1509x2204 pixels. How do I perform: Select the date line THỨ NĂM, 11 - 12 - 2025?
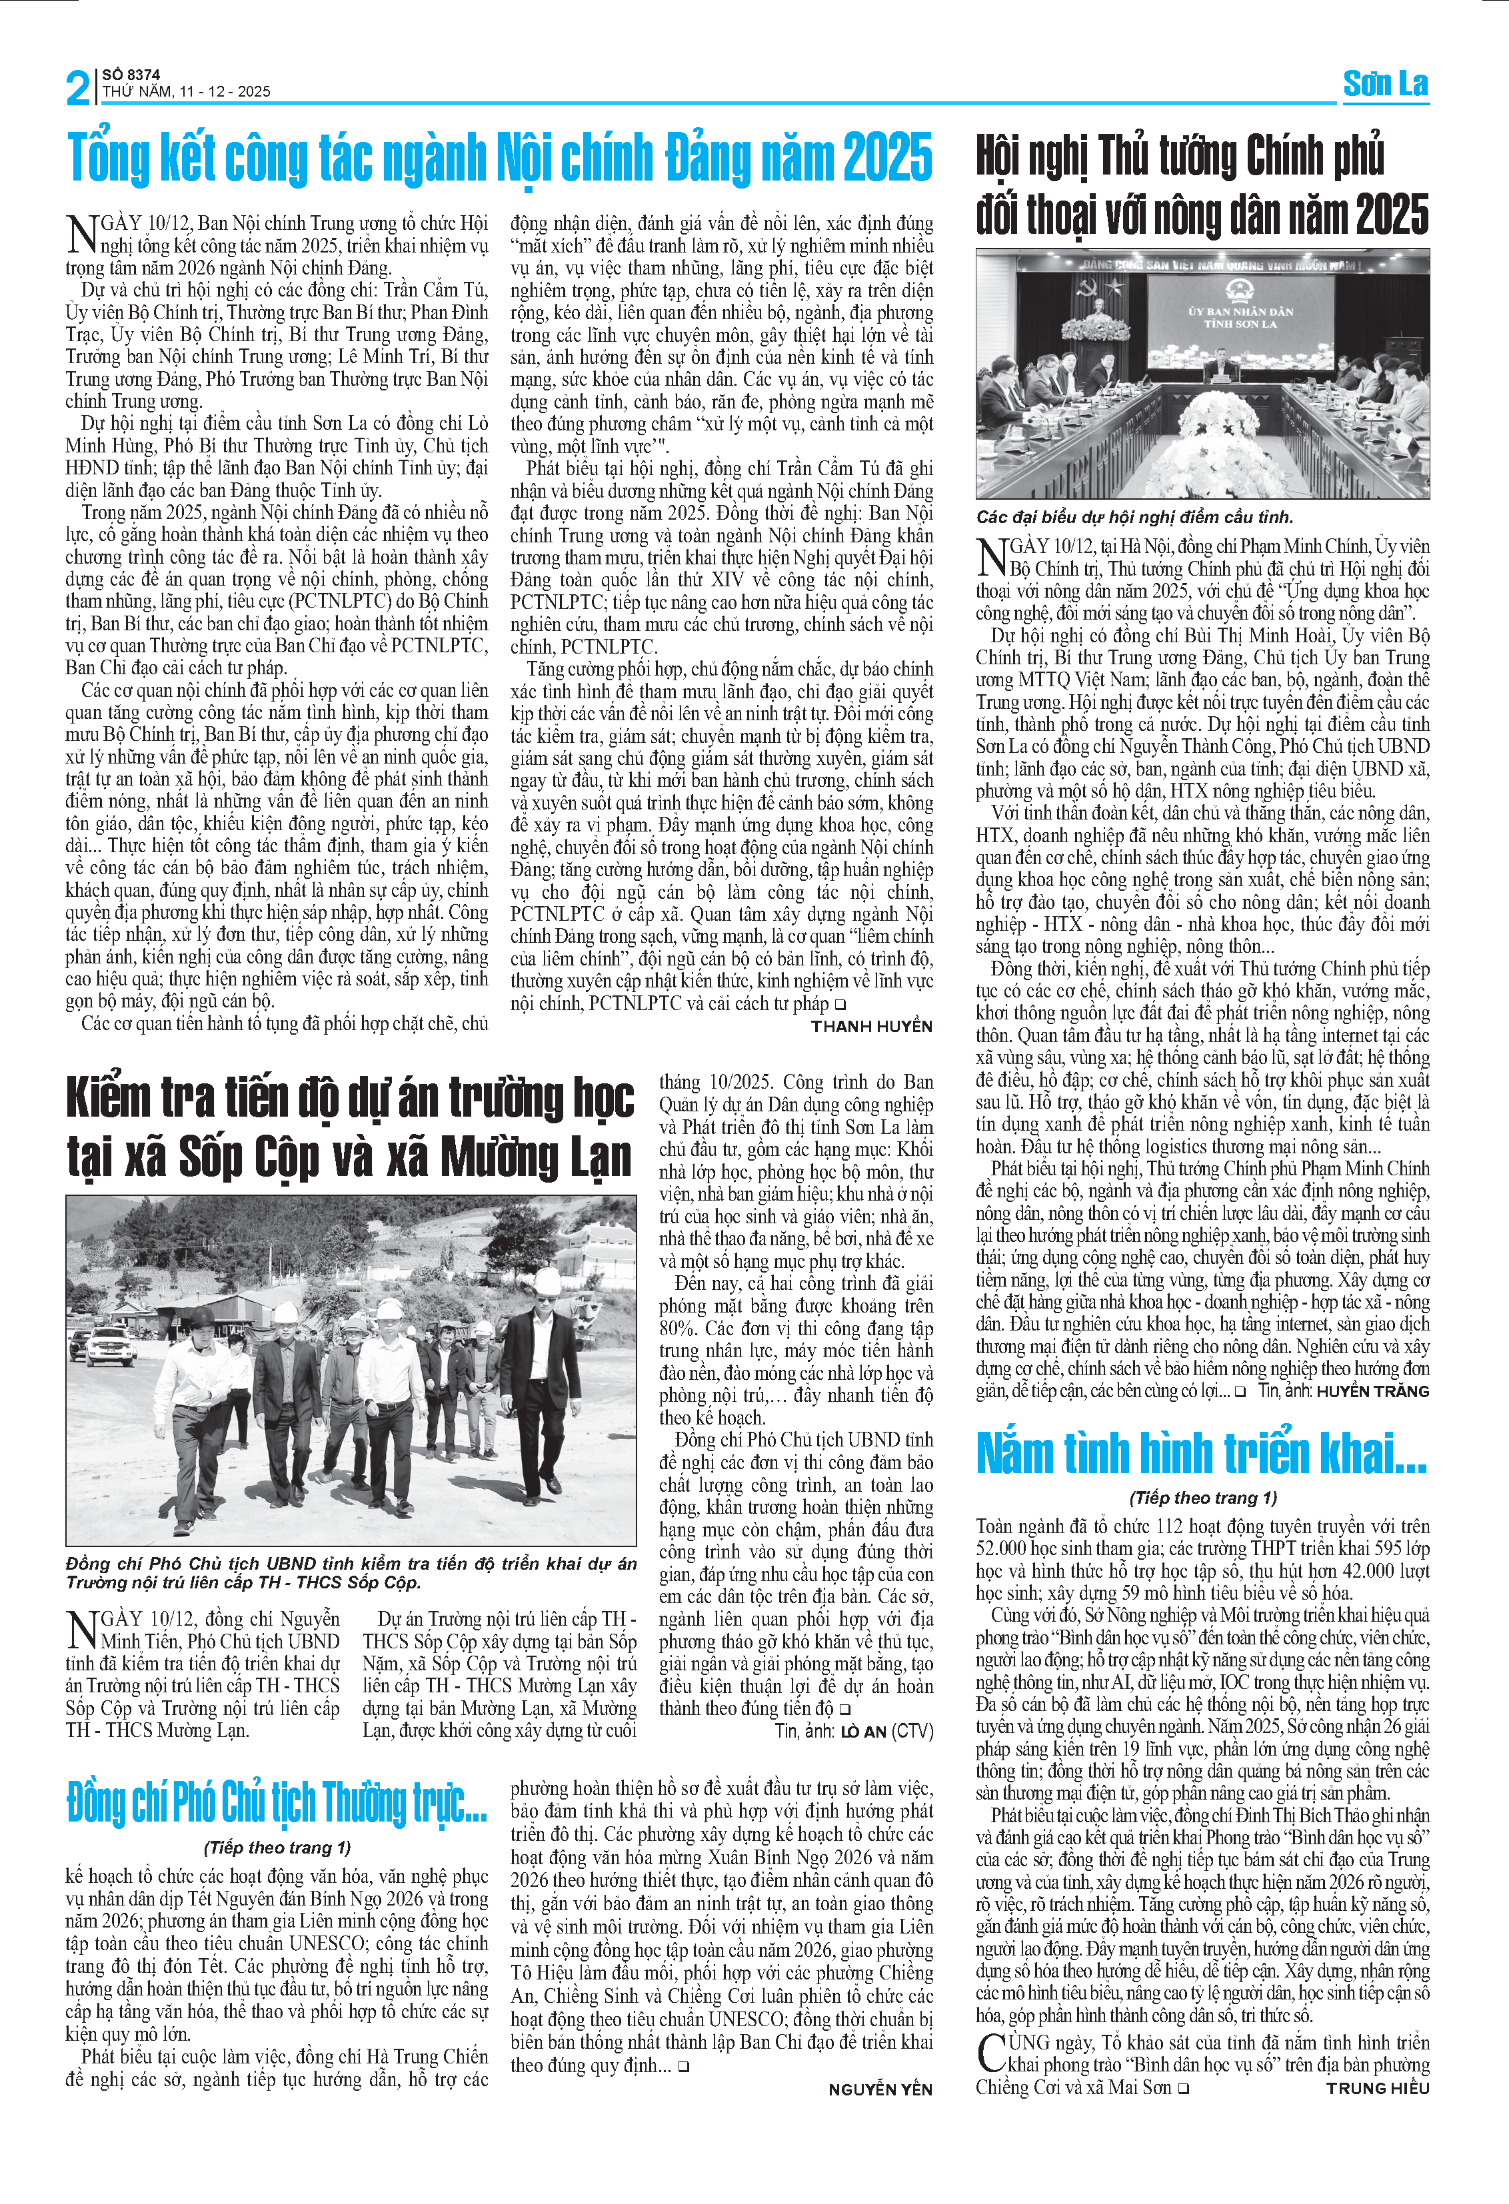187,92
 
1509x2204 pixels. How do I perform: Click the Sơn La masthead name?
1385,83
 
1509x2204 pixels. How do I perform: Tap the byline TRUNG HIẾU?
1377,2087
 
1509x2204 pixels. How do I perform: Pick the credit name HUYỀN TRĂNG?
1372,1391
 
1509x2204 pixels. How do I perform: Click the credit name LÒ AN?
862,1731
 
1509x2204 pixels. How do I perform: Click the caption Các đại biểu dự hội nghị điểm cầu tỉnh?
1134,517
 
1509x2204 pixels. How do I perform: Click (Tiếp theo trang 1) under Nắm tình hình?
1202,1498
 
